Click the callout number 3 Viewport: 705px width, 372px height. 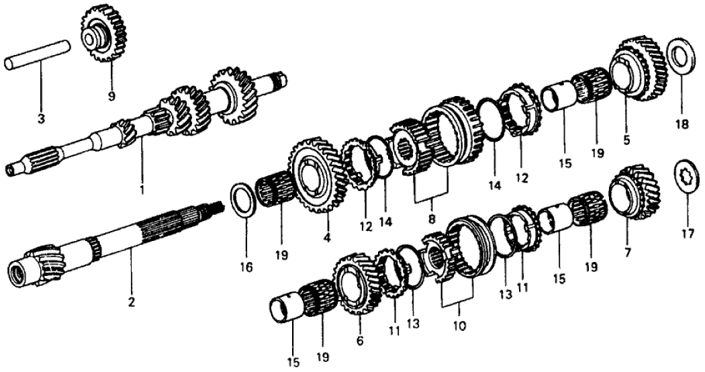click(x=41, y=120)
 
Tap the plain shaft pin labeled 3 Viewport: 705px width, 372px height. click(x=38, y=55)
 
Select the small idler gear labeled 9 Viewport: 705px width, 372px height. click(x=103, y=34)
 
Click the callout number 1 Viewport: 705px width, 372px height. click(x=142, y=190)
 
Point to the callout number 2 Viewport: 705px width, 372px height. click(x=132, y=303)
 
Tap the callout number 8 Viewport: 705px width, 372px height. click(x=432, y=220)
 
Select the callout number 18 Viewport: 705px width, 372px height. click(x=681, y=125)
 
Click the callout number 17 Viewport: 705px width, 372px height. click(x=688, y=234)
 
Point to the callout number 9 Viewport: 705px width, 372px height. click(x=111, y=96)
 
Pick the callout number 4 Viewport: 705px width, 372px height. click(x=327, y=237)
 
